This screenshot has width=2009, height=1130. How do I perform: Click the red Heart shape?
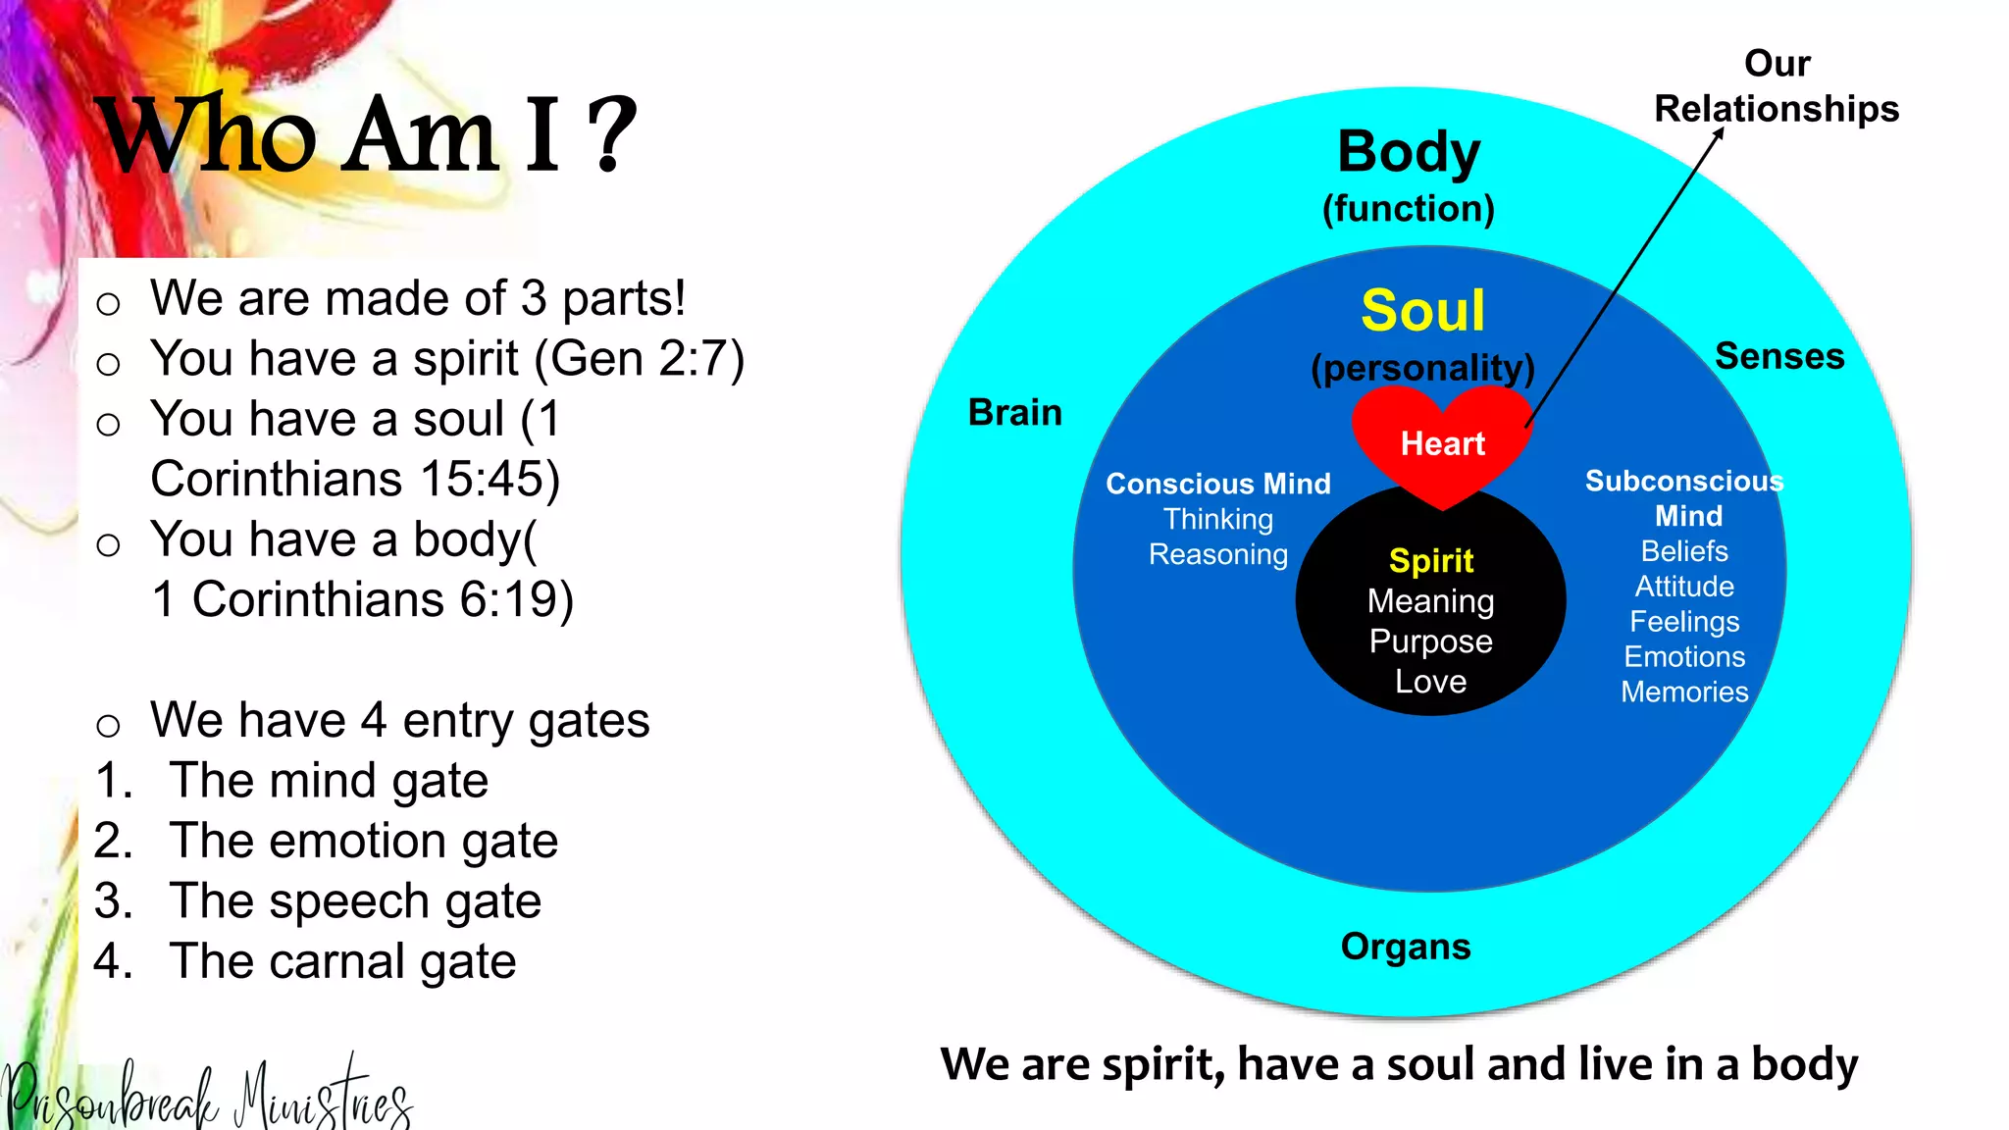1441,441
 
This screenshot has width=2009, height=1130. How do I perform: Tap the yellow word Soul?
1422,311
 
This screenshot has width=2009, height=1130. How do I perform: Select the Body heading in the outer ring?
1409,153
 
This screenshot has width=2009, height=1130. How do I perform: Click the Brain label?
1014,413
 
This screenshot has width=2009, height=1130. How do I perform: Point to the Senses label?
1778,356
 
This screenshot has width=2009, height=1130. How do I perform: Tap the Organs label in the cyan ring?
1405,947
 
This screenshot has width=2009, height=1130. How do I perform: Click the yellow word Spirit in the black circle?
1430,560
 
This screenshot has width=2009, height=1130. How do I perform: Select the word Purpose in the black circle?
1430,642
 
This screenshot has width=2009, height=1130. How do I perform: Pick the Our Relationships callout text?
1777,86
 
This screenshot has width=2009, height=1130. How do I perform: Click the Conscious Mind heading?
1217,484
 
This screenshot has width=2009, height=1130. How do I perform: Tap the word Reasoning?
1217,554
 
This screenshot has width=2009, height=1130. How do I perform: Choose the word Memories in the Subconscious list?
1683,692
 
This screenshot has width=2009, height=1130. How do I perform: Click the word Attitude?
1683,587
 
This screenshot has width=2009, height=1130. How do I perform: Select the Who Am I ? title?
368,135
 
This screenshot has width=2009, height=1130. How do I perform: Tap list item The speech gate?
354,901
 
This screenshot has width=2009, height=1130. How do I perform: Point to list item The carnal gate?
341,961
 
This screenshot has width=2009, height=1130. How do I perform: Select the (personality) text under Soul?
1422,368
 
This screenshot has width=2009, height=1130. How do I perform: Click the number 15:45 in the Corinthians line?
481,480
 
